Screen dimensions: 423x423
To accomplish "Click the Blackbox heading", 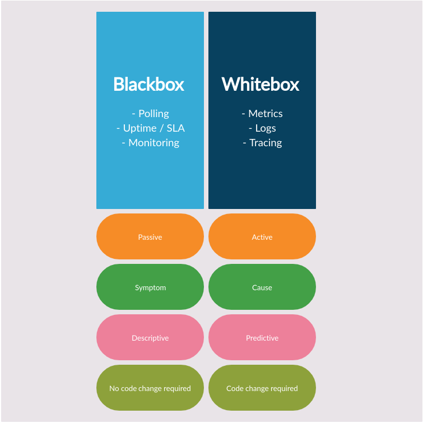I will click(149, 84).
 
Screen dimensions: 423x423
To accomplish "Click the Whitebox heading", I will click(261, 84).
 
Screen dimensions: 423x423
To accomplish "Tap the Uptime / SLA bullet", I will click(151, 128).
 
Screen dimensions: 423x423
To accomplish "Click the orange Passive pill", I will click(150, 237).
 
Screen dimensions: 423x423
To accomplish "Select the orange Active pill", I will click(262, 237).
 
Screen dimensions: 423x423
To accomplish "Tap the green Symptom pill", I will click(150, 287).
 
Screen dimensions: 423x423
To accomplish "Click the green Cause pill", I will click(262, 287).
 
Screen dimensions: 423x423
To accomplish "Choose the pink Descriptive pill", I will click(150, 338).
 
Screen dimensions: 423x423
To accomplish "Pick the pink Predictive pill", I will click(262, 338).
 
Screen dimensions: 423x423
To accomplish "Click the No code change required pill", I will click(150, 388).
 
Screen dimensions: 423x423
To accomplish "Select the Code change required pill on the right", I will click(262, 388).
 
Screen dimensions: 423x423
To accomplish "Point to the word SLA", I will click(175, 128).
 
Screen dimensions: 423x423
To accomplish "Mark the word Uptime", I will click(140, 128).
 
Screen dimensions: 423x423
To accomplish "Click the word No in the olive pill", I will click(114, 388).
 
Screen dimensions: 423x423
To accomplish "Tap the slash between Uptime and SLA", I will click(161, 128).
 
